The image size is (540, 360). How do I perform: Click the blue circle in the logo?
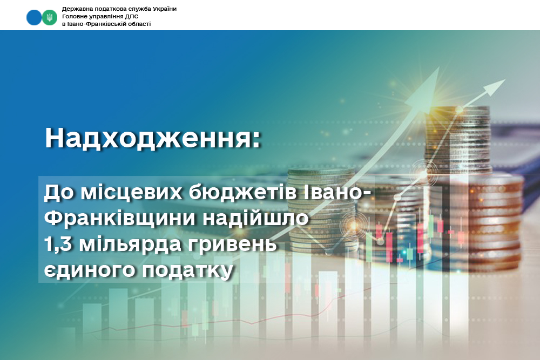coord(34,17)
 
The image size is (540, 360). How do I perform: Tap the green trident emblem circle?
coord(50,17)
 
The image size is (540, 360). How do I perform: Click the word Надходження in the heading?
coord(148,138)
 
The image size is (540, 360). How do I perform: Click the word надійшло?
coord(255,218)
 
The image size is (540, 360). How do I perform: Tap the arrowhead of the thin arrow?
coord(495,87)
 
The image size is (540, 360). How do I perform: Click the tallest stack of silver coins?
coord(458,145)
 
